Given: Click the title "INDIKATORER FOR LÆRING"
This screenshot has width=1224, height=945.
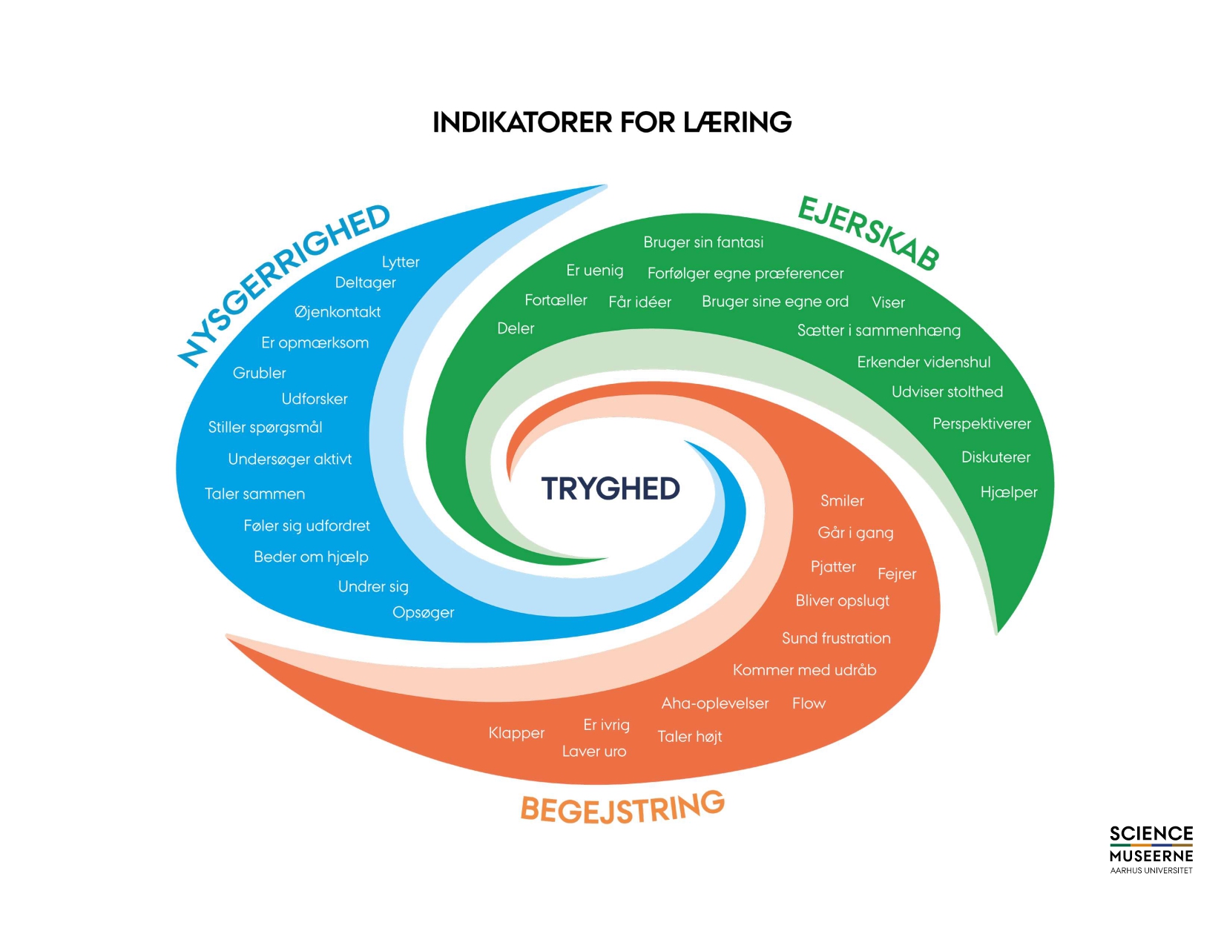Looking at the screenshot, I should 612,122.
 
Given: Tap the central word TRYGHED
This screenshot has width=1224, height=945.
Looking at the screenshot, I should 611,488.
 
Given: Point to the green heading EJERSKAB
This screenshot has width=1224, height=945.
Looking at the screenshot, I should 869,233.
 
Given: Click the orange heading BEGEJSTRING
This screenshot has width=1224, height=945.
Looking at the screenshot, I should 622,808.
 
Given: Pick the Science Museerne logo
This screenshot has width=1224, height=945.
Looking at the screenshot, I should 1151,849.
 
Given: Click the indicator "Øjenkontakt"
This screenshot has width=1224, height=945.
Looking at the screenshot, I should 338,312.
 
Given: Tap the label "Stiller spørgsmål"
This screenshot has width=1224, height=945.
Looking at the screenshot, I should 265,427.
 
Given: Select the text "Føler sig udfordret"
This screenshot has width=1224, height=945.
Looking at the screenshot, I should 306,525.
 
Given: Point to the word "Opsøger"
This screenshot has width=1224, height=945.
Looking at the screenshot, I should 423,612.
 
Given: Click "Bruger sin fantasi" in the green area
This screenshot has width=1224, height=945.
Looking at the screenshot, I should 703,242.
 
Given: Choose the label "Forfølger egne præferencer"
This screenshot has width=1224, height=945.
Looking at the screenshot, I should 746,273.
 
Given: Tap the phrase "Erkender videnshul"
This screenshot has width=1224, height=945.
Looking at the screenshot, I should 924,362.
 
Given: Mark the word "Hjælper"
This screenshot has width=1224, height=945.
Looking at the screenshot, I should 1008,492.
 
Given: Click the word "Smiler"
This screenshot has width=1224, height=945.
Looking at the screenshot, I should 842,501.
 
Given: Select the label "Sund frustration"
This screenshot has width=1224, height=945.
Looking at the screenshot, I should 836,638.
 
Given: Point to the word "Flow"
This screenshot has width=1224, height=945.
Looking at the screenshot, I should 809,703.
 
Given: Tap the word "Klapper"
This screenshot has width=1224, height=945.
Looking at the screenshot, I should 516,733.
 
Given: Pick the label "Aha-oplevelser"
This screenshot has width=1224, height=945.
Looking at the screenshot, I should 715,703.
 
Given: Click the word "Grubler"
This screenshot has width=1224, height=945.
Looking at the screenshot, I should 259,373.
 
